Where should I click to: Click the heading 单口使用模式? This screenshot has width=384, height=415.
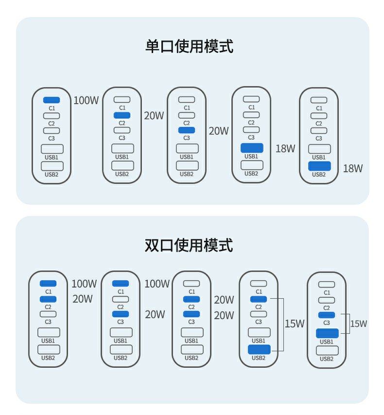tap(189, 47)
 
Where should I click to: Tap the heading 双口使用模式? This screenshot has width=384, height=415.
tap(189, 245)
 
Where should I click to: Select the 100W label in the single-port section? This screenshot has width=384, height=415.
tap(86, 101)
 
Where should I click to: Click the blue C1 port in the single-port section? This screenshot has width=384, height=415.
tap(52, 100)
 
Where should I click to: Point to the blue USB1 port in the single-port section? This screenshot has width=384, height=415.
tap(251, 148)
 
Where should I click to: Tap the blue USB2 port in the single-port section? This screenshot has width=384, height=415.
tap(319, 166)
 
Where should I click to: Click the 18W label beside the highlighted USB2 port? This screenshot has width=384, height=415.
tap(353, 169)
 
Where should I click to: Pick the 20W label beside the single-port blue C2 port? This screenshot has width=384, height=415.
tap(154, 116)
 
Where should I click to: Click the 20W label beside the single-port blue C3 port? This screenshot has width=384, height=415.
tap(218, 131)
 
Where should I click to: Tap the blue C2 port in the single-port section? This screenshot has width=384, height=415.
tap(122, 115)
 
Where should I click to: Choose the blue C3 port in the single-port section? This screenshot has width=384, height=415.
tap(187, 130)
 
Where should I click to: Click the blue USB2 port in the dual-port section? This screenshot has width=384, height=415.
tap(259, 349)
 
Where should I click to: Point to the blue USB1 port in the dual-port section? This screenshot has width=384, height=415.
tap(327, 333)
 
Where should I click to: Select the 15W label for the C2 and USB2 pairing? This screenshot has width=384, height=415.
tap(294, 324)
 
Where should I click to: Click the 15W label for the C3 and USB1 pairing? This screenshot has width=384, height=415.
tap(358, 324)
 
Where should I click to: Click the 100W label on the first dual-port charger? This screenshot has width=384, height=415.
tap(84, 284)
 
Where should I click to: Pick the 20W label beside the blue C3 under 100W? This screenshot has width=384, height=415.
tap(155, 314)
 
